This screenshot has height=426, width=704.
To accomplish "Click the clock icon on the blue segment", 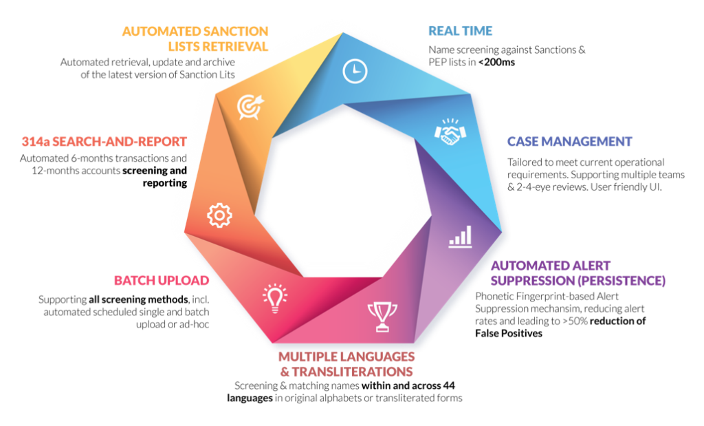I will [354, 70].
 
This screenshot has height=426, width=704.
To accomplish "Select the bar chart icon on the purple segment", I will [460, 235].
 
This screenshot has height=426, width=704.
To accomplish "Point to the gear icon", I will [219, 215].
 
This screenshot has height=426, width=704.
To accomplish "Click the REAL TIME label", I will [460, 30].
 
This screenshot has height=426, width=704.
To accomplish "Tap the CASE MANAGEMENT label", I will [570, 142].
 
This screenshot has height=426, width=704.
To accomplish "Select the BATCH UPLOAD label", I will [161, 280].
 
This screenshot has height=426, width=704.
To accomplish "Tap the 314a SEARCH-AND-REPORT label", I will [104, 142].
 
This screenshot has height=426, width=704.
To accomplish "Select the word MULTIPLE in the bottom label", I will [308, 356].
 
